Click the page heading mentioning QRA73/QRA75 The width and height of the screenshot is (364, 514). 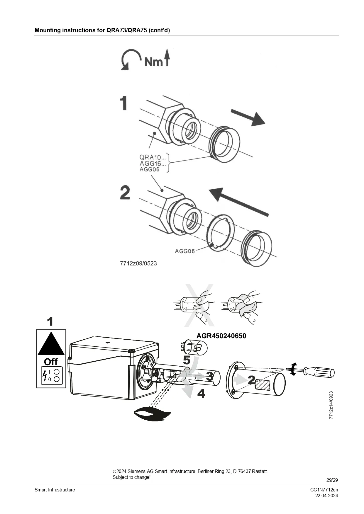coord(102,30)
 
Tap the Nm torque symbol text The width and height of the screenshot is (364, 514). coord(154,62)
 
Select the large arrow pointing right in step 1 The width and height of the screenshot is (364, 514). coord(248,118)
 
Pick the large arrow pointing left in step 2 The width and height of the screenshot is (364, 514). coord(239,202)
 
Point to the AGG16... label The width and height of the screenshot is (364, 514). coord(153,163)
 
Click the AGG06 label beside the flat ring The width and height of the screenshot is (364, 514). coord(185,251)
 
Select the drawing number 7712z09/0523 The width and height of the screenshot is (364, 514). coord(138,263)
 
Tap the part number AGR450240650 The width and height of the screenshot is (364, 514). coord(221,336)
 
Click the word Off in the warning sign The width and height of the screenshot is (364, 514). coord(51,362)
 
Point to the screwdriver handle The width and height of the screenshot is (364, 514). coord(319,372)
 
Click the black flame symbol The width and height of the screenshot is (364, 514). coord(152,414)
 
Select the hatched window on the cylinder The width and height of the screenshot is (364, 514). coord(263,385)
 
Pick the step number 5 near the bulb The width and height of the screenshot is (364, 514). coord(187,360)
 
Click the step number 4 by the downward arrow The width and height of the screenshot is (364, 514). coord(201,393)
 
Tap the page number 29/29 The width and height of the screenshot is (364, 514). coord(332,480)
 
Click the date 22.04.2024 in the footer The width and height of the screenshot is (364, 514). coord(326,496)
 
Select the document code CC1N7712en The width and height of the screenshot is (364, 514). coord(324,490)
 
